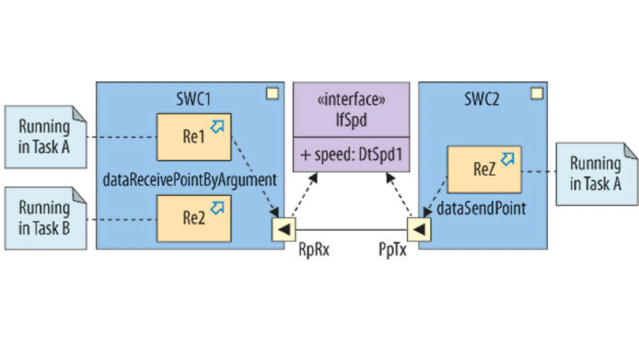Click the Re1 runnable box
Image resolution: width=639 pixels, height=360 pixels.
(194, 137)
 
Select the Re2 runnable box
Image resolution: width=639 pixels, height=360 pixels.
(194, 218)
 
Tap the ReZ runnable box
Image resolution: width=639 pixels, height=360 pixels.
(484, 169)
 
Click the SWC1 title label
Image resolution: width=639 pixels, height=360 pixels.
(193, 98)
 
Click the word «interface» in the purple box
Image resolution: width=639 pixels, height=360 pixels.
(351, 100)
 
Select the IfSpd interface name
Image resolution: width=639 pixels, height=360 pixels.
(351, 120)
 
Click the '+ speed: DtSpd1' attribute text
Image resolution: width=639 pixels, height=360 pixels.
(351, 154)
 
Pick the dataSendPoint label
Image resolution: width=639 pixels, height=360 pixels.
(481, 208)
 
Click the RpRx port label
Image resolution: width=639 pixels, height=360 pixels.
(314, 250)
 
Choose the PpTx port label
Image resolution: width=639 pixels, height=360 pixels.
(392, 250)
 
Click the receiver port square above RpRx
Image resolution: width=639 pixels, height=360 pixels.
(284, 230)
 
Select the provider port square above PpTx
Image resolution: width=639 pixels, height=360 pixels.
(419, 230)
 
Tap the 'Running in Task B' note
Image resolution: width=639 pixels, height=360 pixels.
(45, 218)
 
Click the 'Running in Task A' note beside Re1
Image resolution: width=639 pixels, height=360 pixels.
(45, 137)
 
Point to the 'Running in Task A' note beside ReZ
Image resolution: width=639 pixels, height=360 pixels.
(596, 174)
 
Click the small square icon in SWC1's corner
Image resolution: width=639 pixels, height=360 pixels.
(272, 93)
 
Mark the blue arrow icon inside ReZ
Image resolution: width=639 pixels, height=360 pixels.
(507, 159)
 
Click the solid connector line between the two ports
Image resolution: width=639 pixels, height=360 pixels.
(351, 230)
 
